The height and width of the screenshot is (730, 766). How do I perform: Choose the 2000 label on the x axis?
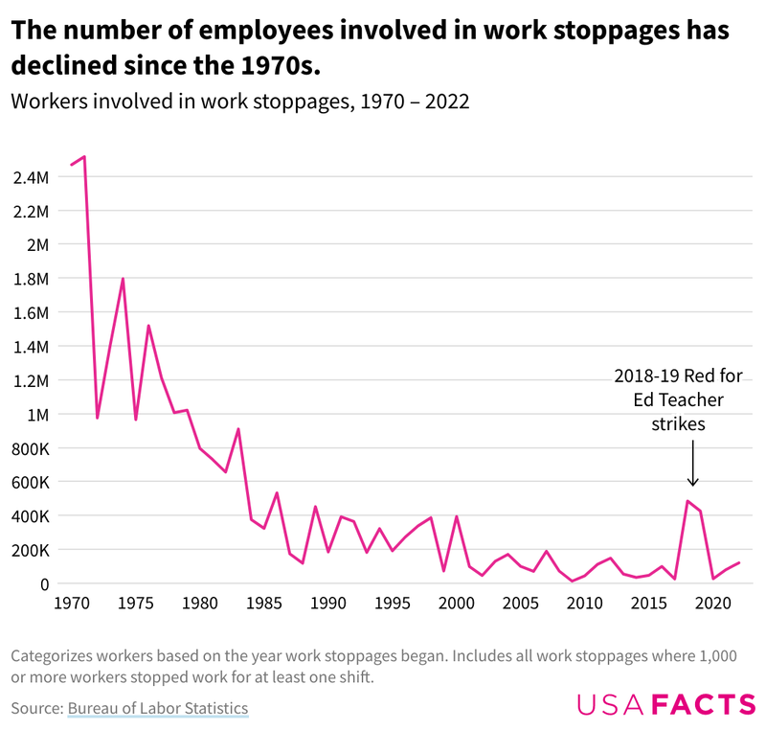(456, 604)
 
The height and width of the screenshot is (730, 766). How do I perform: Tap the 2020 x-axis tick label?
(712, 604)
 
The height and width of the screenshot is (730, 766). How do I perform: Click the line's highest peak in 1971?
(84, 156)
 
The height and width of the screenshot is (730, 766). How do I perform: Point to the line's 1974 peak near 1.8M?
(123, 279)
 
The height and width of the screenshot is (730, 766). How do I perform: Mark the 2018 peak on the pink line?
(687, 501)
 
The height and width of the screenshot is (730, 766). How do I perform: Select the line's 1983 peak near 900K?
(238, 429)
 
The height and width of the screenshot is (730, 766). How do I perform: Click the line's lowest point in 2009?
(572, 581)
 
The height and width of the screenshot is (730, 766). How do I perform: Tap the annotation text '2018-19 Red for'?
(678, 376)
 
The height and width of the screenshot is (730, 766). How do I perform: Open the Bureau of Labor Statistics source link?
(158, 708)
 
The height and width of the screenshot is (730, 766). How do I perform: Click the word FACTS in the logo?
(704, 705)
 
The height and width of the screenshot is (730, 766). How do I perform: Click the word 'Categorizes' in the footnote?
(56, 656)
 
